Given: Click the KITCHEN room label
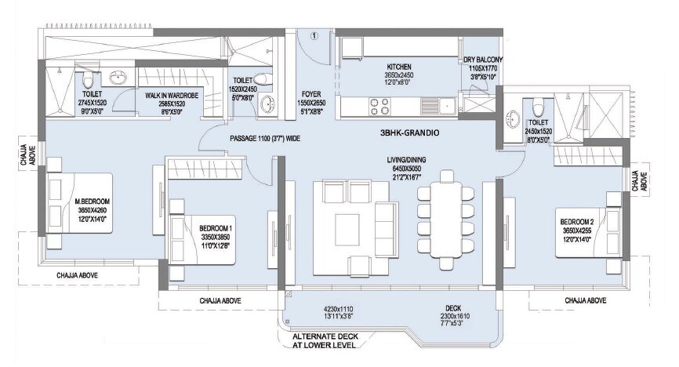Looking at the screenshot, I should pos(399,67).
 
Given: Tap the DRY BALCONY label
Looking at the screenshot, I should pos(482,60).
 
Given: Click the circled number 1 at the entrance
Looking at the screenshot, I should pos(314,36).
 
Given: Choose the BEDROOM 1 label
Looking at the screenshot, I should pos(216,227).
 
